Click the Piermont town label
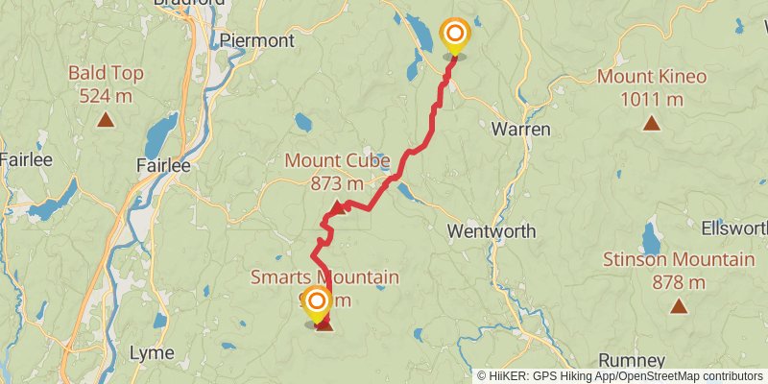[x=256, y=40]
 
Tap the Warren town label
[x=520, y=129]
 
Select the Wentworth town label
[x=492, y=231]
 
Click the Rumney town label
[x=631, y=360]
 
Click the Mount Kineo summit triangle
[x=652, y=122]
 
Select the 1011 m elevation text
[x=652, y=99]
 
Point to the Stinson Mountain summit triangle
[x=679, y=307]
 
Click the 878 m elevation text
[x=678, y=282]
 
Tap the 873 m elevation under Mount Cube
[x=337, y=182]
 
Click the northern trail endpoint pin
[x=454, y=36]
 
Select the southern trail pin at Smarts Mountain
[x=316, y=304]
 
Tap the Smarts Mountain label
[x=324, y=277]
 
